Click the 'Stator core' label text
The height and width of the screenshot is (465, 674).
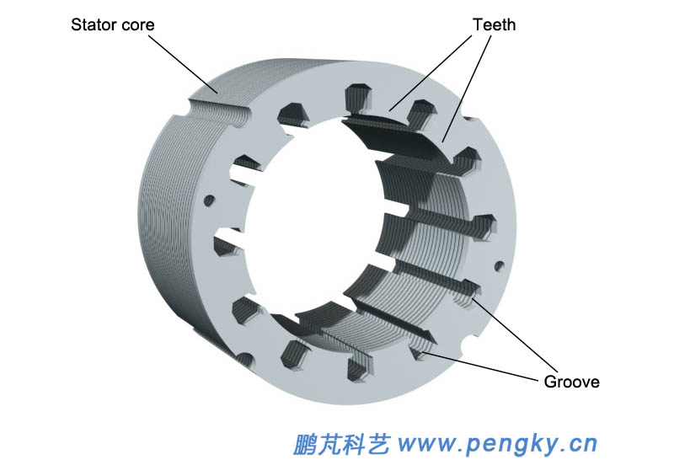point(112,24)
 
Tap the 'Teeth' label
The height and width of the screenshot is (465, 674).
point(494,24)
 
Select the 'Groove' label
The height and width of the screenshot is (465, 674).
point(572,382)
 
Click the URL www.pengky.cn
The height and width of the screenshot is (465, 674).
point(497,441)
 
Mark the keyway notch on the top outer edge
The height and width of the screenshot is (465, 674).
point(217,108)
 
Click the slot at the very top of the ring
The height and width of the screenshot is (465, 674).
point(358,93)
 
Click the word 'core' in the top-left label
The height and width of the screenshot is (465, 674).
point(138,24)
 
